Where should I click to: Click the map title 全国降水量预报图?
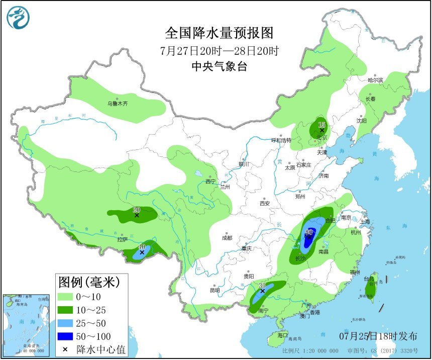(219, 33)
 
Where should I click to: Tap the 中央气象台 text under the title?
(219, 66)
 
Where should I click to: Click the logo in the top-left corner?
(18, 17)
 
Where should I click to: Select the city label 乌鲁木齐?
(117, 104)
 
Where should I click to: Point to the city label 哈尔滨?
(375, 80)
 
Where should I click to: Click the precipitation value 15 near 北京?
(322, 124)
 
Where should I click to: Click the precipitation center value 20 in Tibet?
(136, 210)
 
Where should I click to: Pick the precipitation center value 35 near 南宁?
(262, 286)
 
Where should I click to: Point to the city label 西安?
(265, 204)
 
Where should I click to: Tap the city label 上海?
(364, 222)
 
